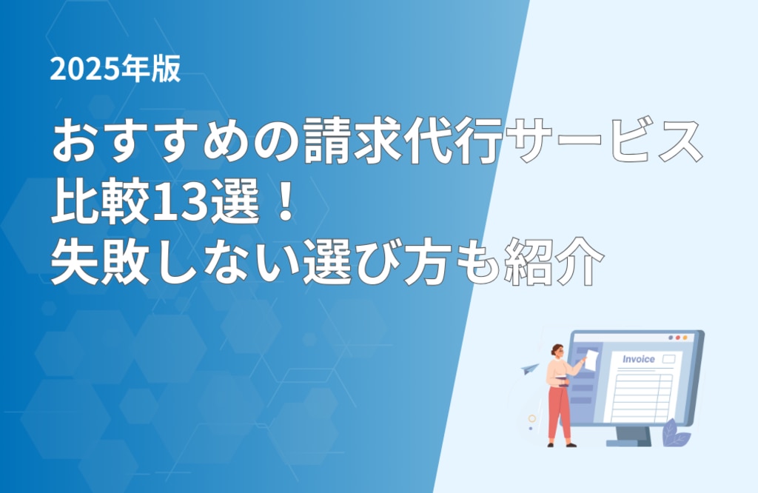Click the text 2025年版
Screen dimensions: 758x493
pyautogui.click(x=115, y=68)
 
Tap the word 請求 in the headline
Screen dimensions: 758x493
pyautogui.click(x=353, y=141)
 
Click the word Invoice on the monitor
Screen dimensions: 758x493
pyautogui.click(x=638, y=359)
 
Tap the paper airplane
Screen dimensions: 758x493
pyautogui.click(x=530, y=369)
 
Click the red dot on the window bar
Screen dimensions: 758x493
pyautogui.click(x=678, y=338)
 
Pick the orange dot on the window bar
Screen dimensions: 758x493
pyautogui.click(x=685, y=338)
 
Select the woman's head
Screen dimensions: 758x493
pyautogui.click(x=557, y=352)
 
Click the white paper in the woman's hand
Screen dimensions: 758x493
pyautogui.click(x=591, y=360)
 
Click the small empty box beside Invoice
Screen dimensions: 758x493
pyautogui.click(x=668, y=358)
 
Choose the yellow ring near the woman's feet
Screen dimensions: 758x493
pyautogui.click(x=531, y=418)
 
